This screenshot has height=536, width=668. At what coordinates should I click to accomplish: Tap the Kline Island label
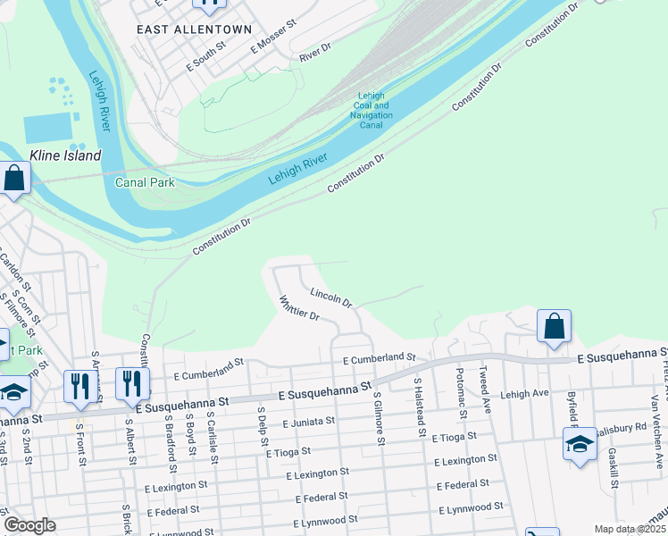coord(65,155)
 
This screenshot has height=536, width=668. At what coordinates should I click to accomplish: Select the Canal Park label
coord(145,182)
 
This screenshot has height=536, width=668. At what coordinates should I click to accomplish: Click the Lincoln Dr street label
coord(331,297)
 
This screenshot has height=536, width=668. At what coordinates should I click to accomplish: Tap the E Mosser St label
coord(272,40)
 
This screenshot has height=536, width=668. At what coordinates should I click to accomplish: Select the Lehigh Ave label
coord(524,393)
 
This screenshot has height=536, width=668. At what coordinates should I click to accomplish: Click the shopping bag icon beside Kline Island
coord(15,178)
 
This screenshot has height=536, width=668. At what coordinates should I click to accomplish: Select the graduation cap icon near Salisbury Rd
coord(579,444)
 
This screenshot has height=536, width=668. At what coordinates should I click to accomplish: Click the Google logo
coord(29,525)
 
